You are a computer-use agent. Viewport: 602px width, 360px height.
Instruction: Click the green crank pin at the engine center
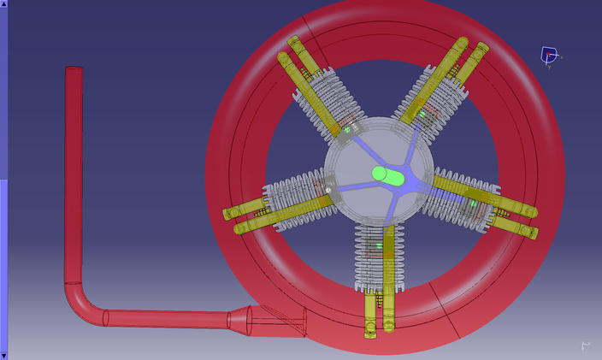pos(387,174)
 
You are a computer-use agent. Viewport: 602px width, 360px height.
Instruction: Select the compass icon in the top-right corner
pos(549,56)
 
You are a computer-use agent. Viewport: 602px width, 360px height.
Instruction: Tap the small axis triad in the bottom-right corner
pos(585,345)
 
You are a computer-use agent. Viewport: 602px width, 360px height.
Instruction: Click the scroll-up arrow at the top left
pos(3,4)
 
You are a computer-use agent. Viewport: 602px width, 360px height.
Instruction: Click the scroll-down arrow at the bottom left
pos(3,355)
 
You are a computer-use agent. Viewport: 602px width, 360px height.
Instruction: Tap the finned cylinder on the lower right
pos(466,201)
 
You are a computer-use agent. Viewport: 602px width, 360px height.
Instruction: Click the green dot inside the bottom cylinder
pos(375,247)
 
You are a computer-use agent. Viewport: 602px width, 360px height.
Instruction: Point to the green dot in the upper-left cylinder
pos(348,130)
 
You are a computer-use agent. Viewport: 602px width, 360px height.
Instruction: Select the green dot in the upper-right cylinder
pos(422,114)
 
